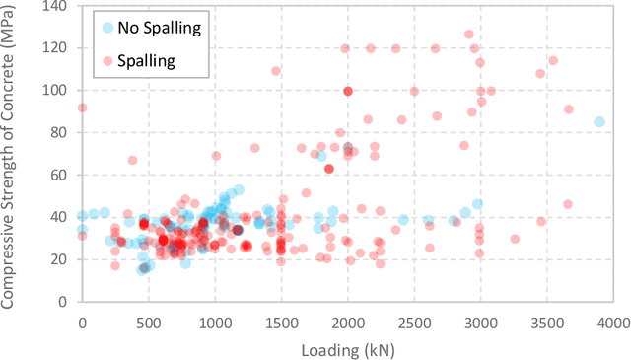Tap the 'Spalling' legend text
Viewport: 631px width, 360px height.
tap(146, 60)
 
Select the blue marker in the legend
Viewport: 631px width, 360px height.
tap(106, 27)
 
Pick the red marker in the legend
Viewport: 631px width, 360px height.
tap(106, 60)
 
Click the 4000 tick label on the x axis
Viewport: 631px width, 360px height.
tap(613, 323)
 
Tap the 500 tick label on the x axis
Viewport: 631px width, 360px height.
tap(148, 323)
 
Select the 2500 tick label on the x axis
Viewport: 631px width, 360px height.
tap(414, 323)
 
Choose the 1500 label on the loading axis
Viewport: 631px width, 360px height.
tap(281, 323)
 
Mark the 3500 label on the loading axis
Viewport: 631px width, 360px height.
tap(547, 323)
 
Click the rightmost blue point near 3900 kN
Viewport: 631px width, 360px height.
tap(598, 122)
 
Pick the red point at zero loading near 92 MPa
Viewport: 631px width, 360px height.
tap(82, 108)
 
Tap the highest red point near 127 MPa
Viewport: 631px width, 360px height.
tap(469, 35)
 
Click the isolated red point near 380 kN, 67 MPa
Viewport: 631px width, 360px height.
tap(132, 161)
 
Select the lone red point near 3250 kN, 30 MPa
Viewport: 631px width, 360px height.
tap(515, 239)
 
